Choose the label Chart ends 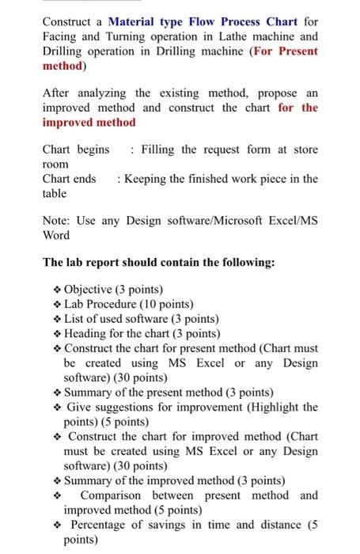(69, 178)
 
